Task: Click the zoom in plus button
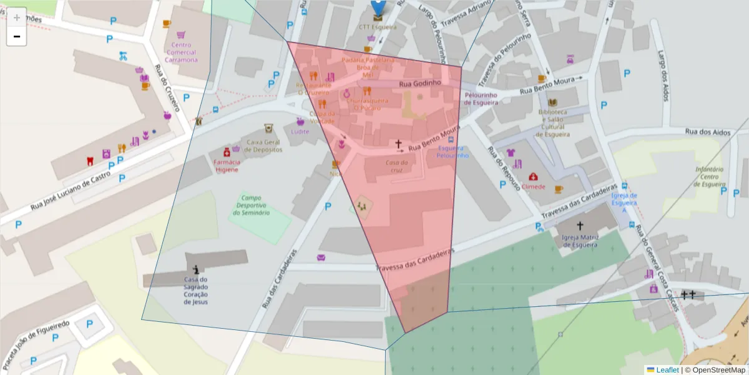(x=17, y=17)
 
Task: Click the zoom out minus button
(x=17, y=37)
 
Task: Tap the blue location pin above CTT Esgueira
(x=378, y=7)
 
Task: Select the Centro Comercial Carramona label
(x=181, y=52)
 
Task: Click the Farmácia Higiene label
(x=227, y=166)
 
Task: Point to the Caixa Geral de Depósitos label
(x=263, y=146)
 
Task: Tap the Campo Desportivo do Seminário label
(x=252, y=205)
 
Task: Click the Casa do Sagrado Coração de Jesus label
(x=196, y=291)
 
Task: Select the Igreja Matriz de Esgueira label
(x=580, y=241)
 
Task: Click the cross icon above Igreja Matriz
(x=580, y=226)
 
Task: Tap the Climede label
(x=534, y=186)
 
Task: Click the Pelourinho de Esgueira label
(x=481, y=99)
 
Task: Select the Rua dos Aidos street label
(x=707, y=131)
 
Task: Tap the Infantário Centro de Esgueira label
(x=710, y=177)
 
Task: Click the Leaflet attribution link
(x=667, y=370)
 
